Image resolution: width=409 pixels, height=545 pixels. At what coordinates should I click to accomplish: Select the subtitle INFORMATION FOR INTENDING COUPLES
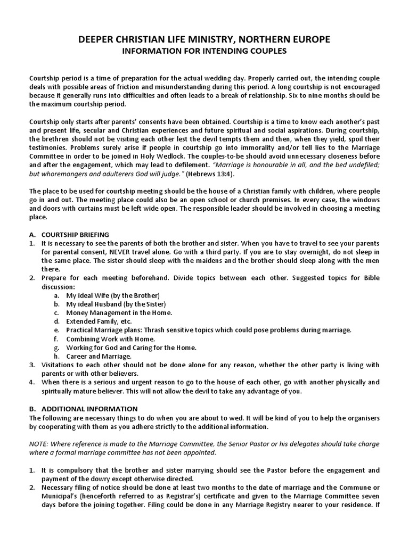pyautogui.click(x=204, y=51)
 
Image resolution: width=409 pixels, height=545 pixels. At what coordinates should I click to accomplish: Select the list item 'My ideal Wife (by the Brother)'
pyautogui.click(x=113, y=295)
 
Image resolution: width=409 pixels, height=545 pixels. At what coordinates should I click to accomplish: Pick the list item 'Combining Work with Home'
pyautogui.click(x=111, y=339)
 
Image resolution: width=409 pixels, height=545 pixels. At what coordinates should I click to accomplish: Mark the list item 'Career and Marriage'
pyautogui.click(x=99, y=356)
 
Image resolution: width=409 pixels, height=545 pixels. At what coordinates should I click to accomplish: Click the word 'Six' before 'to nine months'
pyautogui.click(x=316, y=95)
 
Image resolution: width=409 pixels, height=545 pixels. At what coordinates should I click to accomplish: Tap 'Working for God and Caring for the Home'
pyautogui.click(x=131, y=348)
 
